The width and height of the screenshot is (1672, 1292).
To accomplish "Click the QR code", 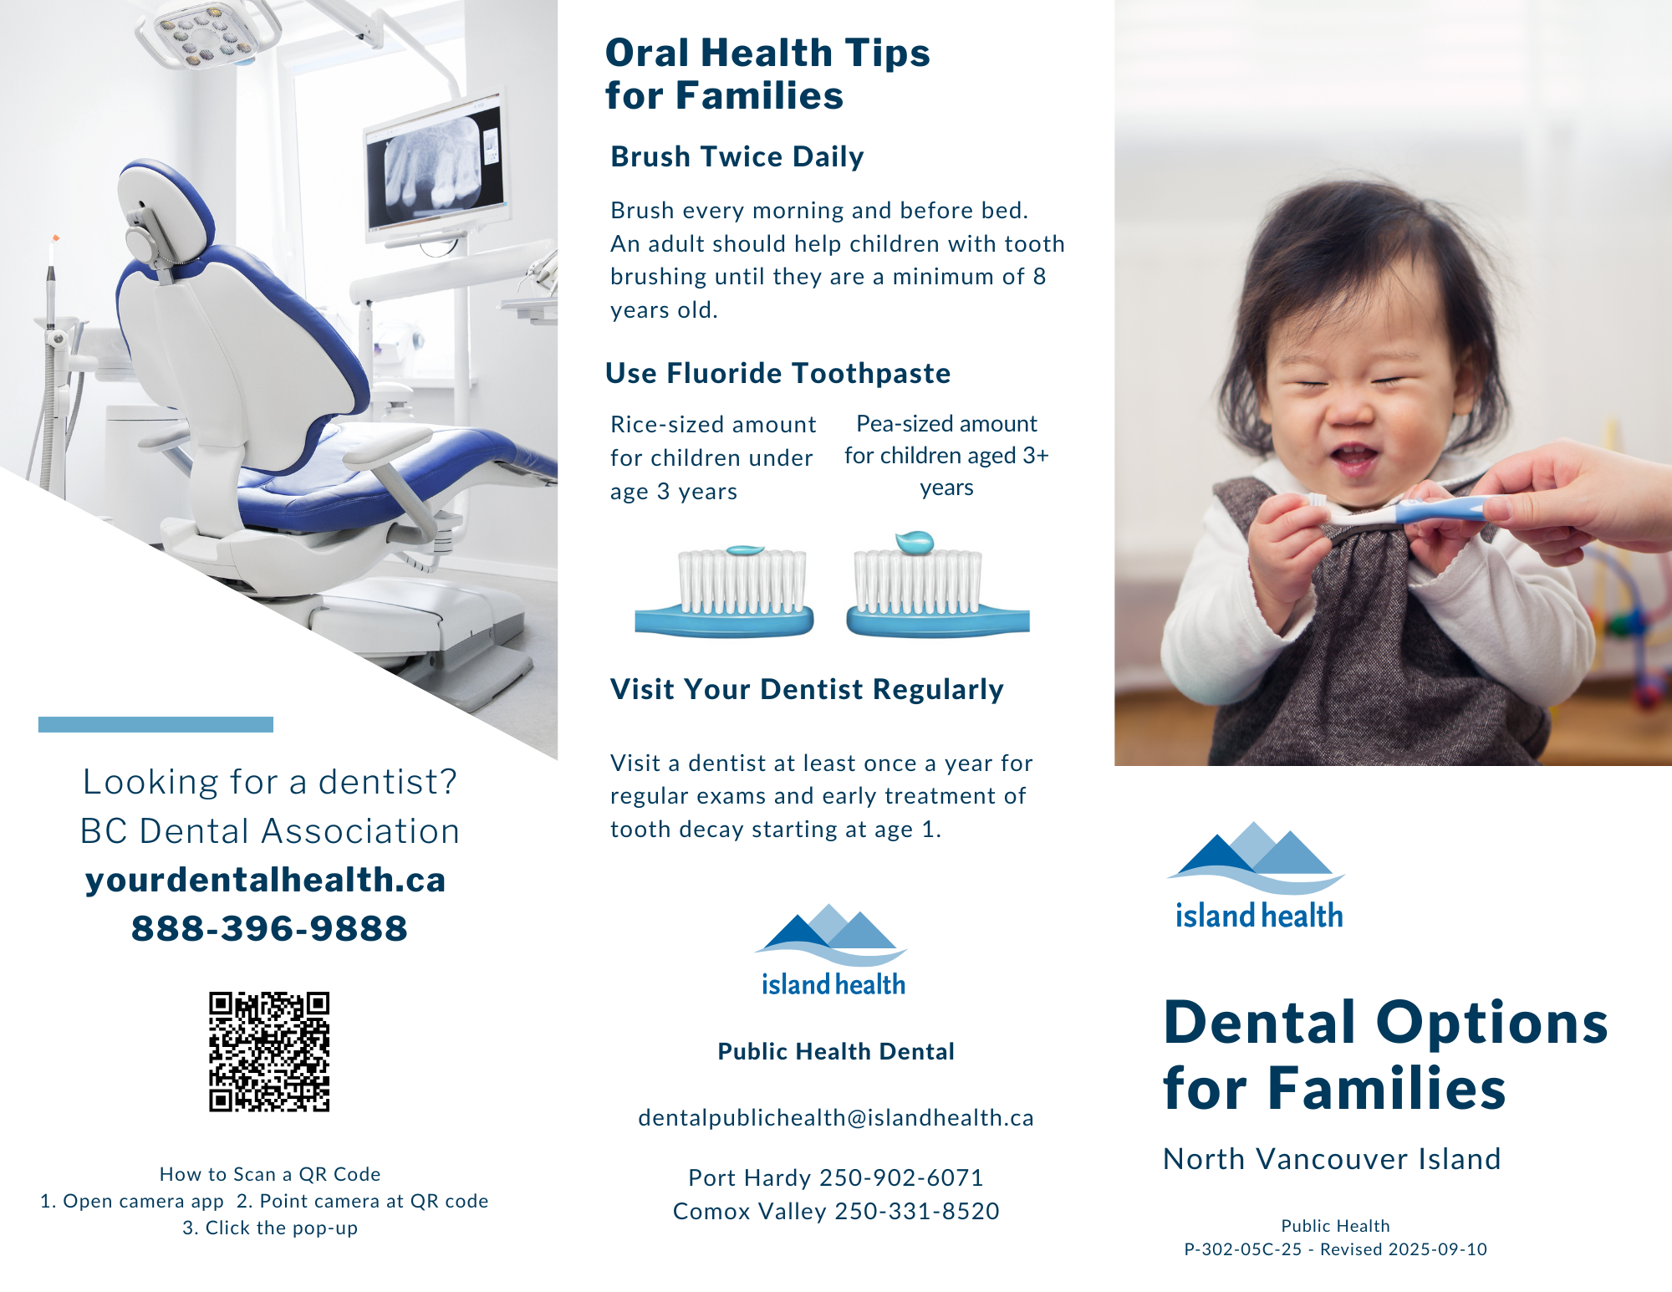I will tap(269, 1051).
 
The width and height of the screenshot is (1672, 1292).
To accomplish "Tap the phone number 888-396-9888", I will tap(269, 928).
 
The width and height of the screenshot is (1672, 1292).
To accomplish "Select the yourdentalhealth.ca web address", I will tap(266, 880).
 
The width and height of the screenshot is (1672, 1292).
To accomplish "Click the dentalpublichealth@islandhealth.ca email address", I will tap(836, 1118).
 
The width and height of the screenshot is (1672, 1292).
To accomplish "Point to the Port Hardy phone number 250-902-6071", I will tap(901, 1178).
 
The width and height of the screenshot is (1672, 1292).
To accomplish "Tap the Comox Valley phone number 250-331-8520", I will tap(917, 1212).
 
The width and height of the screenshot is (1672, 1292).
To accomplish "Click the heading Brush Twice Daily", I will tap(737, 157).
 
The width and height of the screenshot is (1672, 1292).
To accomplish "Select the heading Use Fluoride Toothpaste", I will tap(777, 374).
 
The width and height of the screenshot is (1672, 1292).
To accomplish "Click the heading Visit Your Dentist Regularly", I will tap(807, 690).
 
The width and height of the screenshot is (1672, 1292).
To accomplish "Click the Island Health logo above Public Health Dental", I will tap(833, 951).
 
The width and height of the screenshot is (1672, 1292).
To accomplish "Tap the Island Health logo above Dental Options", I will tap(1257, 876).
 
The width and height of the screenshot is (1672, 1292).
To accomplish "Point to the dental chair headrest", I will tap(163, 209).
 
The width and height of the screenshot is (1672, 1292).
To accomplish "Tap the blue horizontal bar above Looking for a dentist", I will tap(155, 724).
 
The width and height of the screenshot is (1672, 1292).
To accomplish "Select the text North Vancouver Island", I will tap(1332, 1159).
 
